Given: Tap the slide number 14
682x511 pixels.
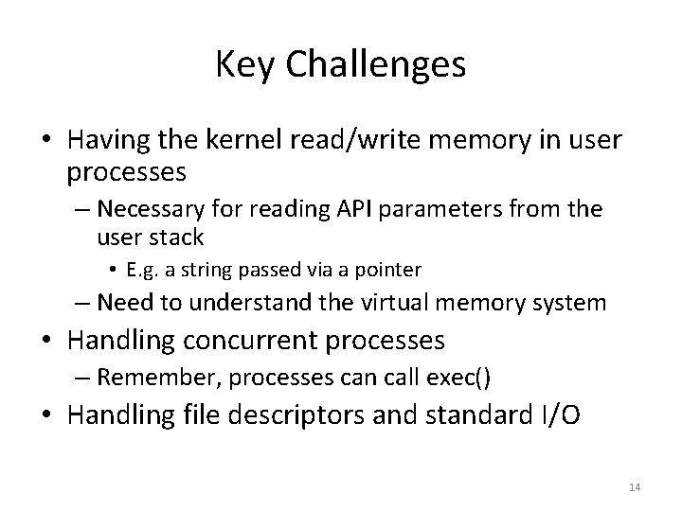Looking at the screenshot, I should [x=635, y=487].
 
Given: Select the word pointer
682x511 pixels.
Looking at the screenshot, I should [x=386, y=270].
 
